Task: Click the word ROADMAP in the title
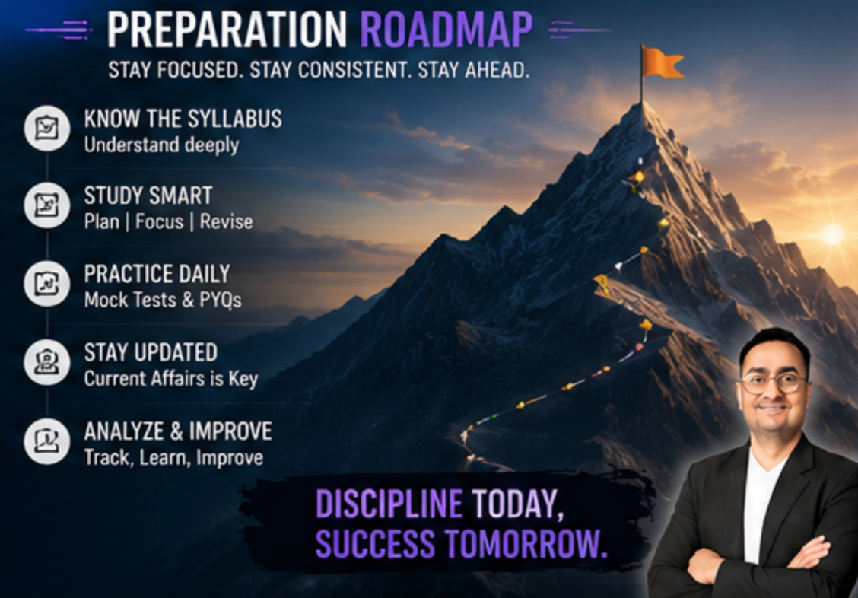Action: coord(446,30)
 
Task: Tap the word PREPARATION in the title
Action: coord(227,30)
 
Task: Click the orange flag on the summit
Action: coord(662,62)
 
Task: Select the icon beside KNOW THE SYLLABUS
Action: coord(47,128)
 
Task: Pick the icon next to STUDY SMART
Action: coord(47,205)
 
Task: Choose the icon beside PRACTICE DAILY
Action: coord(47,284)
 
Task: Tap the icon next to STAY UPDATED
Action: coord(47,362)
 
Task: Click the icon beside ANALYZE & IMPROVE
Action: coord(47,441)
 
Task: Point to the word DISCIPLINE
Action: coord(389,504)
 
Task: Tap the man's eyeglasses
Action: coord(774,382)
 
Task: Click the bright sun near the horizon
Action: coord(832,234)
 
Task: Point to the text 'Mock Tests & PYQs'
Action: coord(163,301)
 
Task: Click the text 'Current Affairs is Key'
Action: coord(170,379)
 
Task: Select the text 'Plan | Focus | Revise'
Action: coord(169,221)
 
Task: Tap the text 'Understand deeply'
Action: coord(161,145)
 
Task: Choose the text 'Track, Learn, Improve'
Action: coord(173,458)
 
